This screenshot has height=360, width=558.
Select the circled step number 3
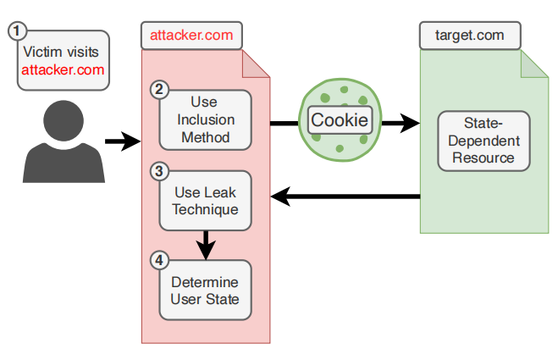[158, 171]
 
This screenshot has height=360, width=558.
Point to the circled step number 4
[158, 260]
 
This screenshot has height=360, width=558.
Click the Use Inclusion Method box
[205, 119]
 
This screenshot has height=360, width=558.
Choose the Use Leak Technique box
[205, 200]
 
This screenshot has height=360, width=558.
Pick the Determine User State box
[205, 290]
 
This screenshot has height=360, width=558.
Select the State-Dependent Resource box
[483, 139]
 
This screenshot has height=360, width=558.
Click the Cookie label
[340, 120]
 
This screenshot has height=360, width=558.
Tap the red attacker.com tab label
[191, 36]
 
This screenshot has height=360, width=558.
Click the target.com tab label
[469, 36]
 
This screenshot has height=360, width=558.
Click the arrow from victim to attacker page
[121, 141]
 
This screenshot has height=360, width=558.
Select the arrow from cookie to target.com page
[399, 124]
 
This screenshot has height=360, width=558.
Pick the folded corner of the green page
[533, 64]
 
